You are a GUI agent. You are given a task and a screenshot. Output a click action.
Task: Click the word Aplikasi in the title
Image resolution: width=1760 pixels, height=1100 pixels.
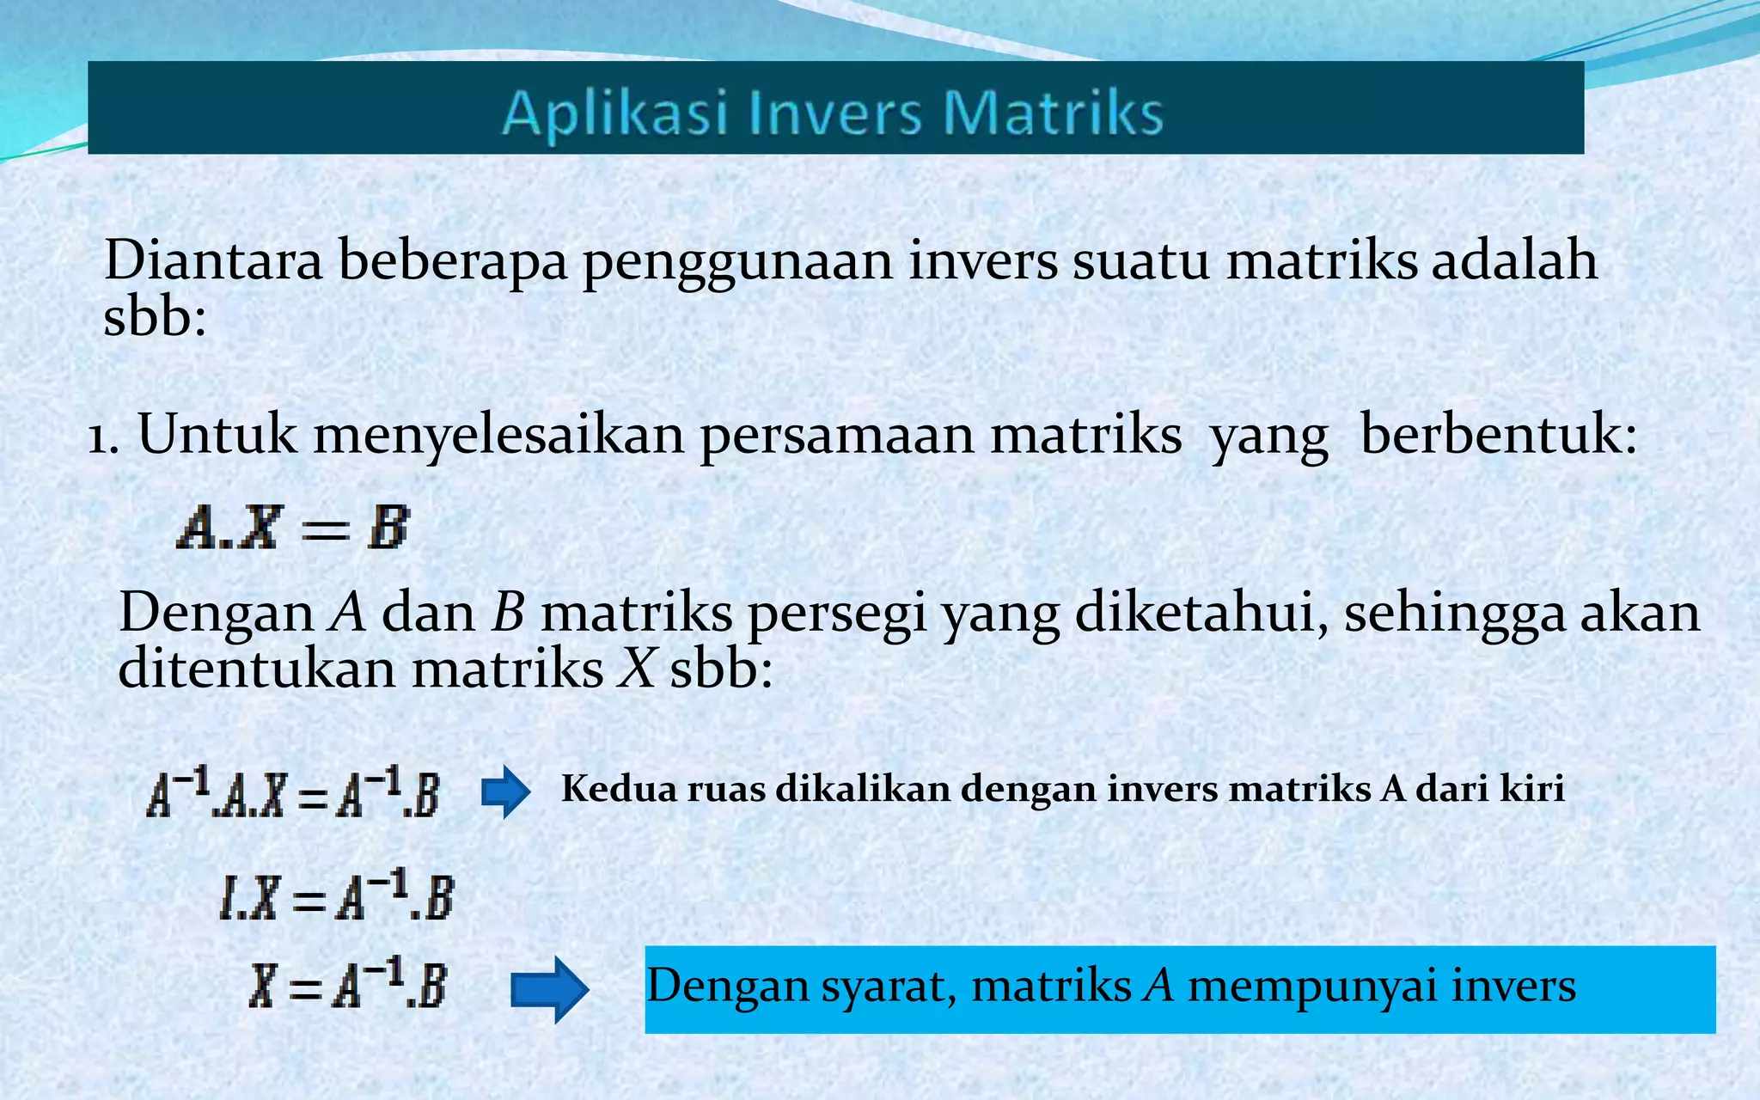[x=614, y=113]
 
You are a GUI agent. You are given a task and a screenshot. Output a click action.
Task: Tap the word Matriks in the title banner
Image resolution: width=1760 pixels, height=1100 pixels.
[x=1054, y=113]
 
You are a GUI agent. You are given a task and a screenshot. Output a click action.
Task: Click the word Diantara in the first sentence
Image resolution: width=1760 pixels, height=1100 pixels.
[x=213, y=260]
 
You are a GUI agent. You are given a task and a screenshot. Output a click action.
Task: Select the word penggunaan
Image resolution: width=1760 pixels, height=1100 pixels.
[x=738, y=262]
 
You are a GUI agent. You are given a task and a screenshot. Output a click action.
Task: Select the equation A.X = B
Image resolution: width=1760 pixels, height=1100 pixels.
[x=293, y=527]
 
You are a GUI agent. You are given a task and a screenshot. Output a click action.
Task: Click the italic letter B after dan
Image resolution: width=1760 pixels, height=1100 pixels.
[x=508, y=614]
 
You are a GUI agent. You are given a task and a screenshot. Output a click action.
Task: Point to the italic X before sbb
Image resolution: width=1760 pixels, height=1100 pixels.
[x=638, y=669]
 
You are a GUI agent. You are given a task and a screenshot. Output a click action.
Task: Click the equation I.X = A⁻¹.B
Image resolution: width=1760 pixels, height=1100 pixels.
[x=336, y=897]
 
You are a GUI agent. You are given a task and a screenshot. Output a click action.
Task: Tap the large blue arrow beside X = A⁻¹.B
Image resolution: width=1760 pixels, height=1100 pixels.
[x=549, y=989]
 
